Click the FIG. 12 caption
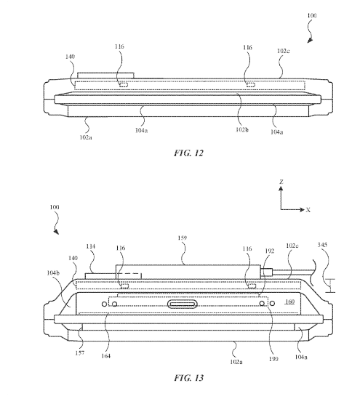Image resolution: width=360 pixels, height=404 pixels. pyautogui.click(x=189, y=153)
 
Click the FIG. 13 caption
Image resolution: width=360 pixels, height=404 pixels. pyautogui.click(x=189, y=378)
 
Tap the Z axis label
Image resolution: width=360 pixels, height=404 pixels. pyautogui.click(x=281, y=182)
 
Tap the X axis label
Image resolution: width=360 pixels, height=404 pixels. pyautogui.click(x=308, y=210)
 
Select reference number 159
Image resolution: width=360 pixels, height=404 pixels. pyautogui.click(x=182, y=238)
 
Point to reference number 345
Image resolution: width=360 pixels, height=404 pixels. pyautogui.click(x=322, y=245)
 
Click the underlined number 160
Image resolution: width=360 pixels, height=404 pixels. pyautogui.click(x=290, y=302)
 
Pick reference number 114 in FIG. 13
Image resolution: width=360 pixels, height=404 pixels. pyautogui.click(x=90, y=246)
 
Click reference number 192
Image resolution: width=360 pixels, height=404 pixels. pyautogui.click(x=270, y=251)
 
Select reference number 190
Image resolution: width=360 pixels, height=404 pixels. pyautogui.click(x=273, y=359)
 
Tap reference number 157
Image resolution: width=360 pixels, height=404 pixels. pyautogui.click(x=80, y=353)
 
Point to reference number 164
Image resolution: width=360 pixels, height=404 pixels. pyautogui.click(x=105, y=356)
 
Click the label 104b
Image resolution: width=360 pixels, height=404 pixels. pyautogui.click(x=53, y=273)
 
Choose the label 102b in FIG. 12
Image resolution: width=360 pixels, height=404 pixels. pyautogui.click(x=242, y=130)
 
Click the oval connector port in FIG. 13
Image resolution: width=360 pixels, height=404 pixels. pyautogui.click(x=182, y=304)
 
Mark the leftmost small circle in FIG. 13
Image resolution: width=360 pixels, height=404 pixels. pyautogui.click(x=104, y=304)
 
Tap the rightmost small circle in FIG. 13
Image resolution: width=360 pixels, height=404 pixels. pyautogui.click(x=272, y=304)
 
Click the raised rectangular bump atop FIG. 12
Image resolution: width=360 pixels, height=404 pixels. pyautogui.click(x=105, y=76)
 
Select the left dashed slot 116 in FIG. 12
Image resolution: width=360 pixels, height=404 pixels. pyautogui.click(x=123, y=85)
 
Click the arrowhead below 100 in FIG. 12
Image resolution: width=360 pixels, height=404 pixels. pyautogui.click(x=310, y=40)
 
